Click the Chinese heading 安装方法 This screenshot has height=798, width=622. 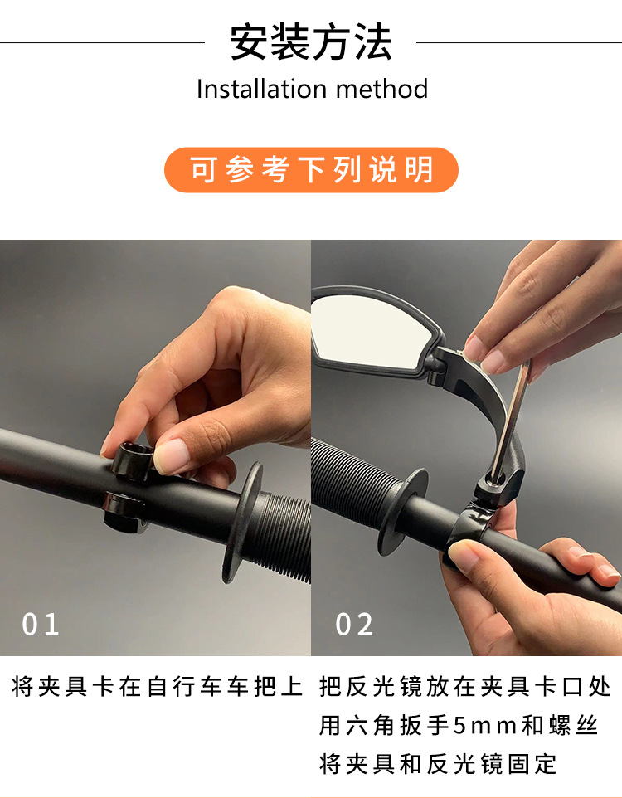pyautogui.click(x=311, y=42)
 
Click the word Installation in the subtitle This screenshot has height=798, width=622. pyautogui.click(x=261, y=89)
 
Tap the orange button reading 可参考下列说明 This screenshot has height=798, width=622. pyautogui.click(x=311, y=170)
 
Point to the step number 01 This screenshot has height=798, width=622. pyautogui.click(x=40, y=624)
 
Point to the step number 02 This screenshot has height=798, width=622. pyautogui.click(x=354, y=624)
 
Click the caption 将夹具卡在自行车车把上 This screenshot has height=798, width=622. pyautogui.click(x=157, y=686)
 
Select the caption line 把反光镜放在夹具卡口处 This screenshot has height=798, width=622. pyautogui.click(x=464, y=686)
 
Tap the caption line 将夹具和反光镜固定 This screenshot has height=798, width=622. pyautogui.click(x=438, y=764)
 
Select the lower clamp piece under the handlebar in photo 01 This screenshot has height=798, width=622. pyautogui.click(x=124, y=512)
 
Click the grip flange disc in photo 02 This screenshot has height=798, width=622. pyautogui.click(x=402, y=512)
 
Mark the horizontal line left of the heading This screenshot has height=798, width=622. pyautogui.click(x=102, y=43)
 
